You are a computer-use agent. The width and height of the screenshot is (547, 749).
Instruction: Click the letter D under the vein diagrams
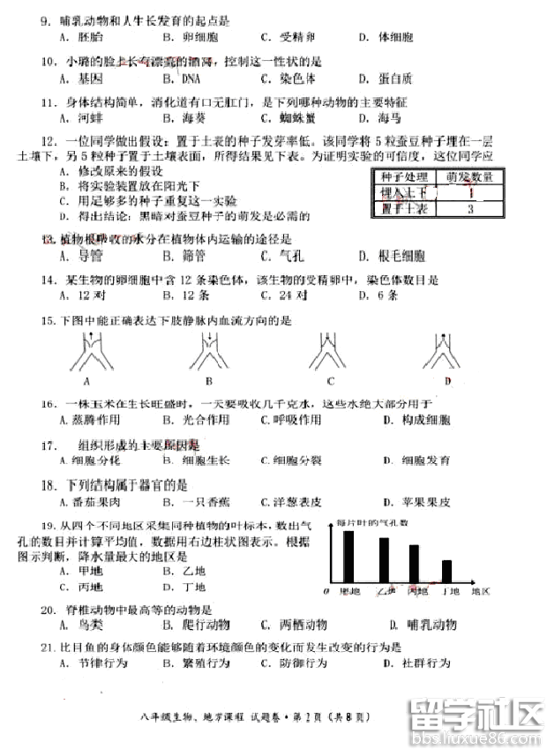click(x=447, y=382)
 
